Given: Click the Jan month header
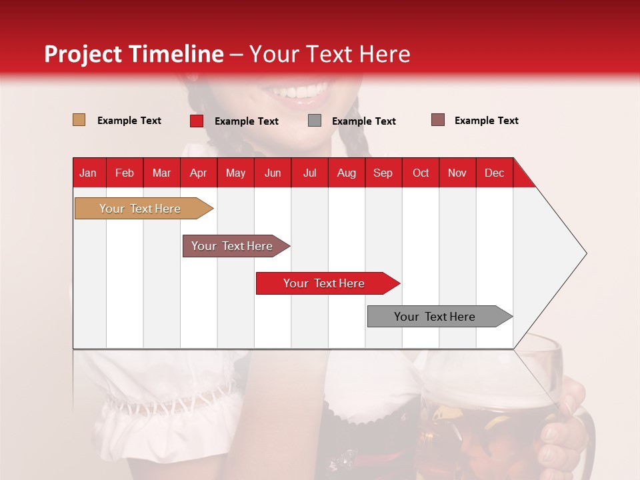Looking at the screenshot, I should coord(88,173).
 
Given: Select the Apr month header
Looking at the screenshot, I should coord(198,173).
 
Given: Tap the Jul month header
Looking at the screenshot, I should coord(309,173).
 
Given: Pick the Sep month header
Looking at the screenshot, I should coord(383,173).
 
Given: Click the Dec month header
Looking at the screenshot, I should coord(494,173).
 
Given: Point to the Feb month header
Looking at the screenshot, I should coord(125,173).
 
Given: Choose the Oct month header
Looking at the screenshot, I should coord(420,173).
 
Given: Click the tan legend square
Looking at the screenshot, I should coord(79,120).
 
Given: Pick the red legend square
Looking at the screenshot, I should coord(197,121).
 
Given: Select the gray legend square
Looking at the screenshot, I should coord(315,121).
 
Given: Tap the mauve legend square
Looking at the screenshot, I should coord(438,120).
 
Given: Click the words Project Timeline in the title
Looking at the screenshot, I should coord(133,54).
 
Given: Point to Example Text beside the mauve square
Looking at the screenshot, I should coord(486,121).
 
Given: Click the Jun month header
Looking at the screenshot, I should coord(273,173).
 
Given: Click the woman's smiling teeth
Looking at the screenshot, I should coord(303,91).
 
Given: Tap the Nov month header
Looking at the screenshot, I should coord(457,173).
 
